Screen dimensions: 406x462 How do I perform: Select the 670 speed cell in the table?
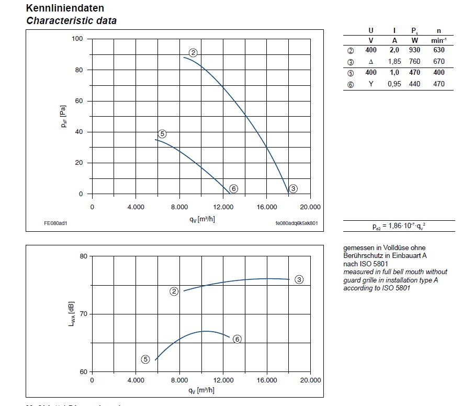click(438, 62)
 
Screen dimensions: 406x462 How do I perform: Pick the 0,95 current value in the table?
click(394, 84)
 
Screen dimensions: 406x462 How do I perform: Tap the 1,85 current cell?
click(394, 62)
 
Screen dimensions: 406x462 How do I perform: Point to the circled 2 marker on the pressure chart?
click(193, 52)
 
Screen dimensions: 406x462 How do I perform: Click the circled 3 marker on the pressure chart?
click(293, 189)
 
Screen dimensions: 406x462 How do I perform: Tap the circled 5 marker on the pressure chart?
click(162, 134)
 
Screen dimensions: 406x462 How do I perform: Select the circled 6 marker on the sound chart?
click(237, 339)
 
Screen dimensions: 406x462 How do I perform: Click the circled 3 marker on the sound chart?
click(299, 279)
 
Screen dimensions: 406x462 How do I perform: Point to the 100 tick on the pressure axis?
click(77, 39)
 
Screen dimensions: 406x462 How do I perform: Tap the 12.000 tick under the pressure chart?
click(223, 207)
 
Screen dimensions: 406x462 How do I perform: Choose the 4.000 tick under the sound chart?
click(136, 380)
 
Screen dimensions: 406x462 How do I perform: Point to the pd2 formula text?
click(399, 225)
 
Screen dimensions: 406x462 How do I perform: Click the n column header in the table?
click(438, 31)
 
